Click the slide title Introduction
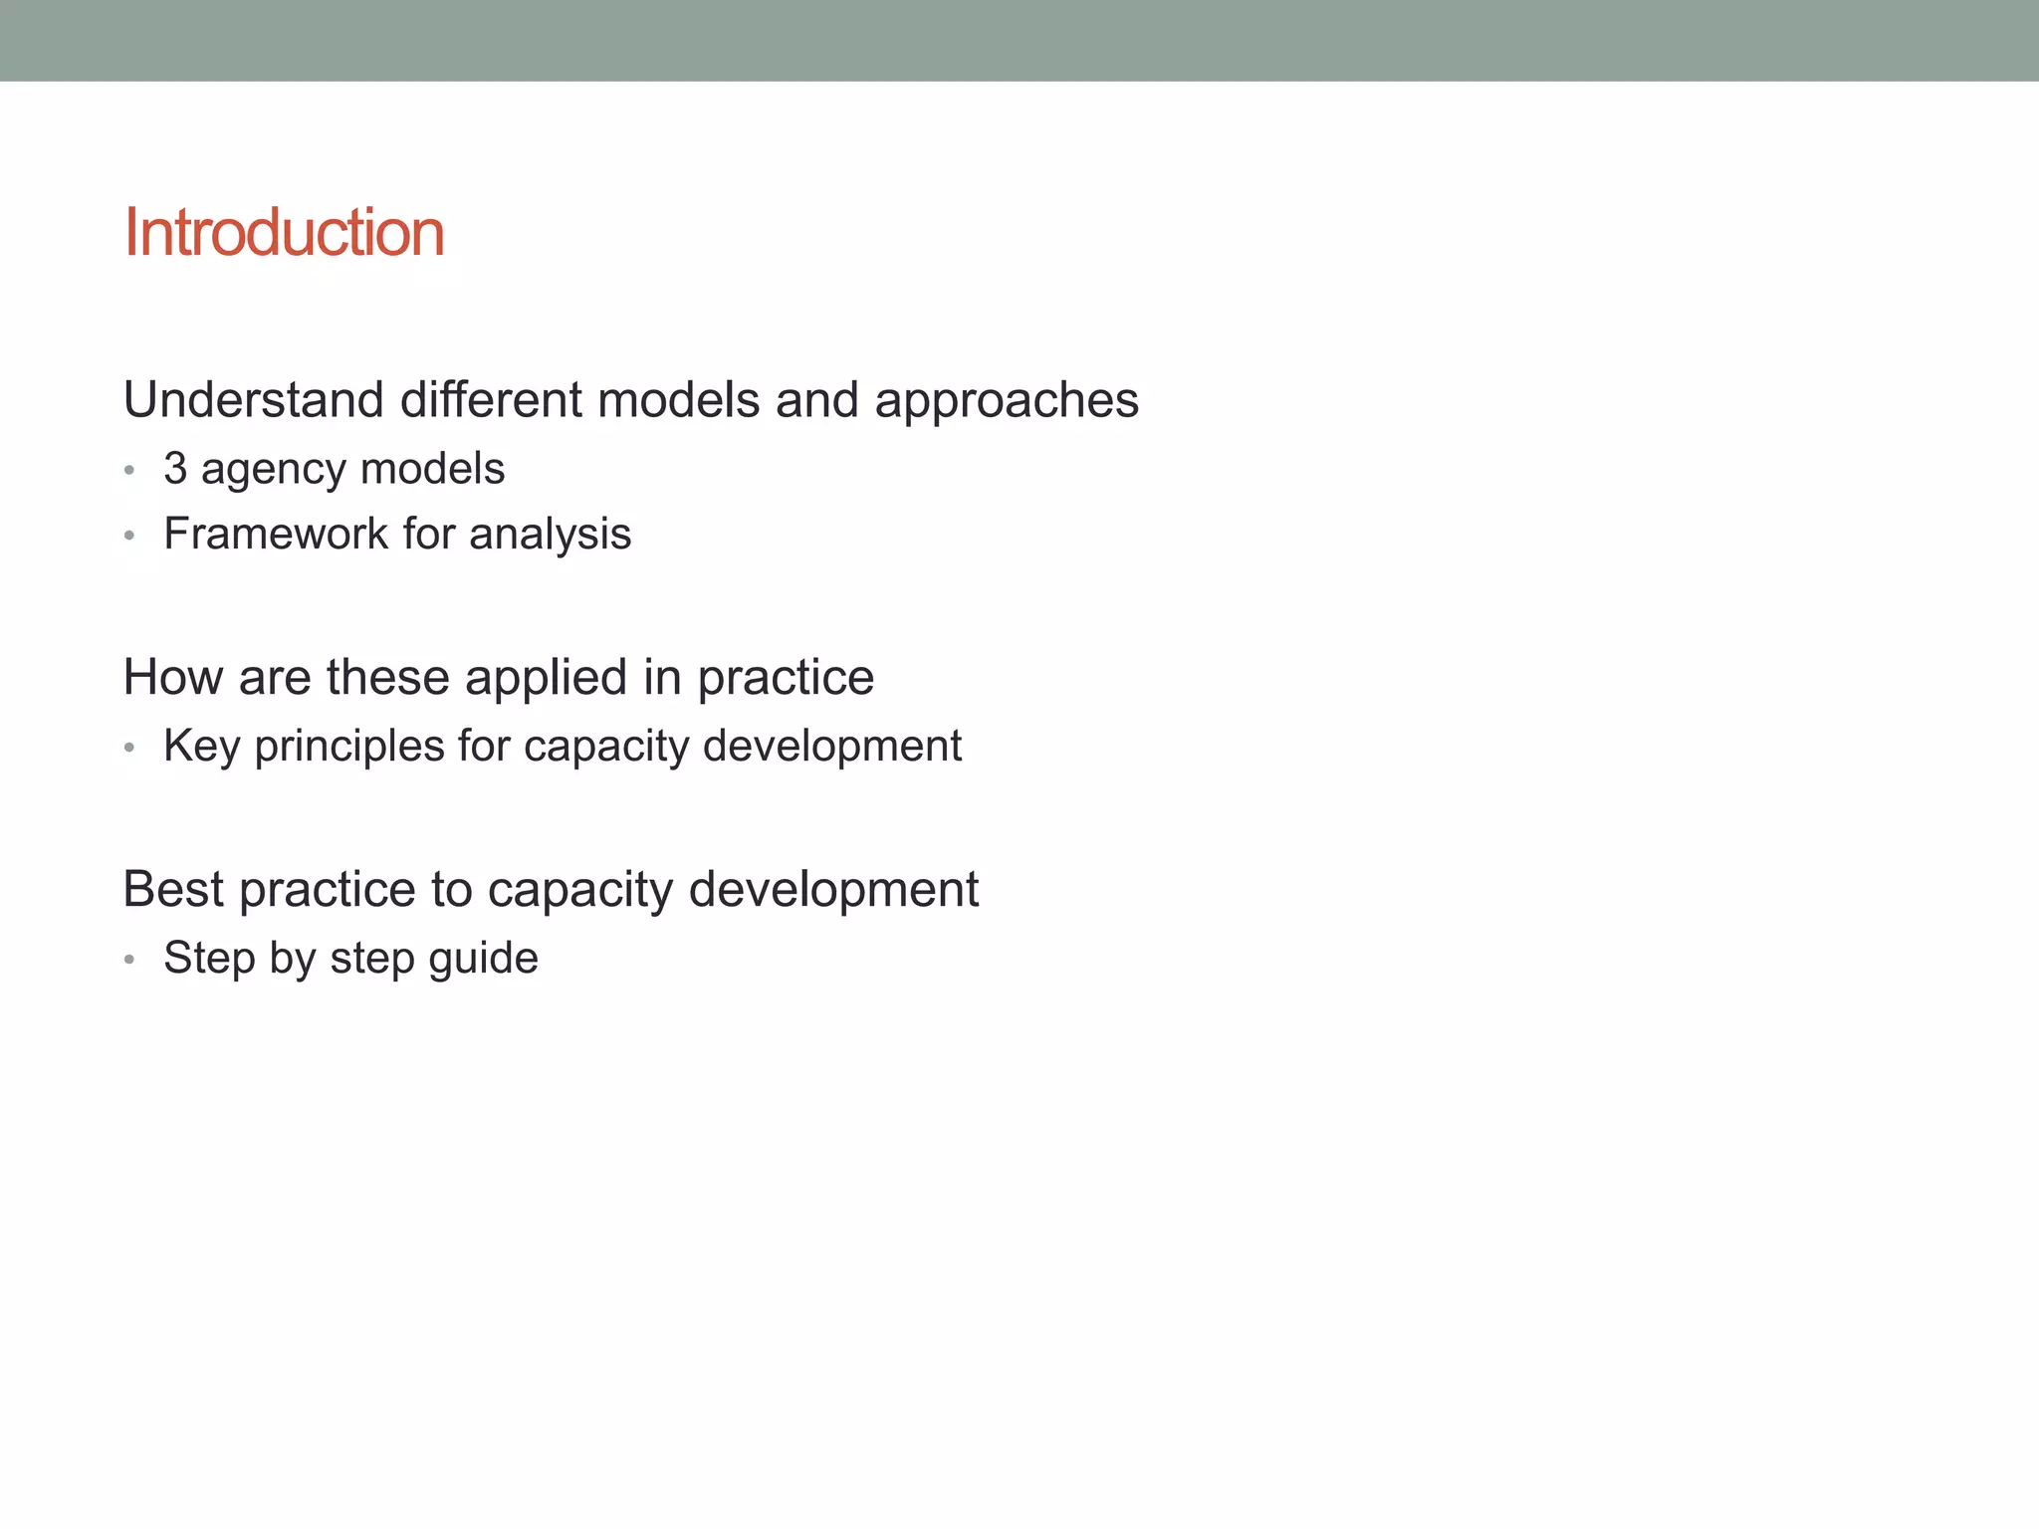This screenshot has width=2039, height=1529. (284, 233)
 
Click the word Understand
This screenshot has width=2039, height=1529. (254, 400)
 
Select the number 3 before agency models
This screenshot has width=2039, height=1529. (175, 469)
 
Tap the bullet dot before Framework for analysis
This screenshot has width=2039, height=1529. (129, 536)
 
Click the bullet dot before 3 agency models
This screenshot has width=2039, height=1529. (129, 470)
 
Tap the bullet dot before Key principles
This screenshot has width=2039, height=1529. (129, 748)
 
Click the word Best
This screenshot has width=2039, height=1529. (173, 889)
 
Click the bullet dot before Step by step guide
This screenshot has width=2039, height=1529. (129, 960)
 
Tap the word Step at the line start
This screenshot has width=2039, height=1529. (209, 959)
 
